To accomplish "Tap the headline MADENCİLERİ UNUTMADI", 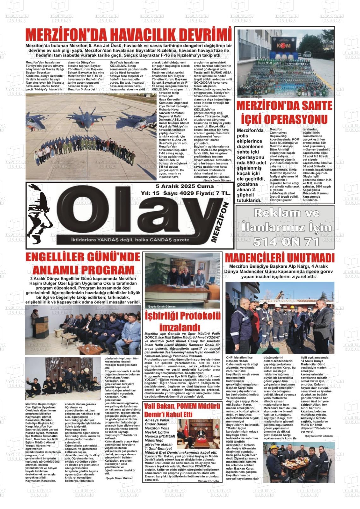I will (279, 258).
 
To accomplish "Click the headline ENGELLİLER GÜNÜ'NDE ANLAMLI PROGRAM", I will (83, 263).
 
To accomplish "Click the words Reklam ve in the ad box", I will (286, 213).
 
